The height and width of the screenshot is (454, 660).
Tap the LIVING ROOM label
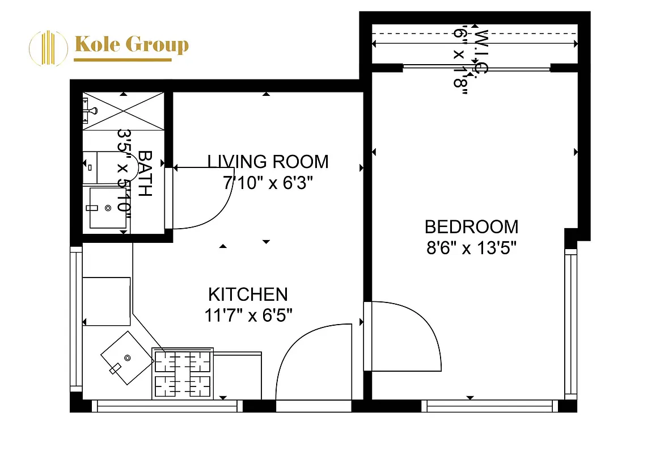(268, 162)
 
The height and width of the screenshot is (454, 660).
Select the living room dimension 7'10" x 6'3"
(268, 183)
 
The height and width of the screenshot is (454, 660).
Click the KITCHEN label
(248, 295)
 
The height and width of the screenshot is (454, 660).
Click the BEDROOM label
(471, 227)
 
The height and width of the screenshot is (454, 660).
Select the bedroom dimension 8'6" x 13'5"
(471, 248)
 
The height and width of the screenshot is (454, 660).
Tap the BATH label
(145, 173)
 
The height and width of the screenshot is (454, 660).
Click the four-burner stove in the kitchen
(183, 373)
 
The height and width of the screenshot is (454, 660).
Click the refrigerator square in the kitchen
(107, 301)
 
